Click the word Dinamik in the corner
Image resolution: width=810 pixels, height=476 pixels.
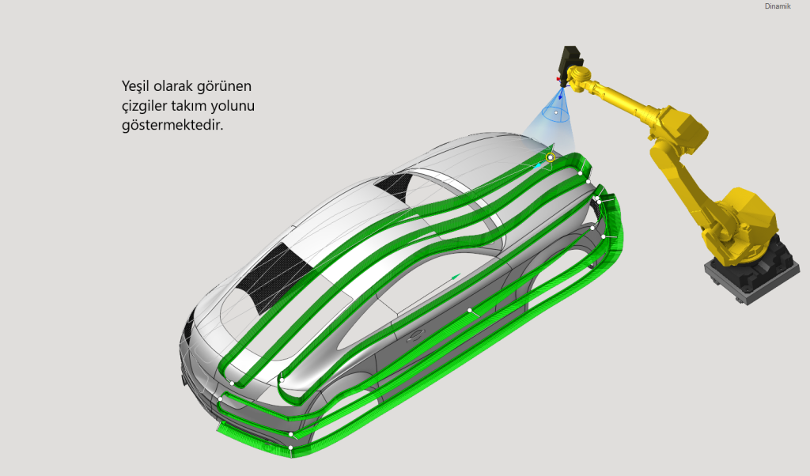pos(778,6)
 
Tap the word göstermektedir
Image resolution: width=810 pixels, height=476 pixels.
pos(172,125)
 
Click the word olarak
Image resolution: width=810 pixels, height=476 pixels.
pos(171,85)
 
